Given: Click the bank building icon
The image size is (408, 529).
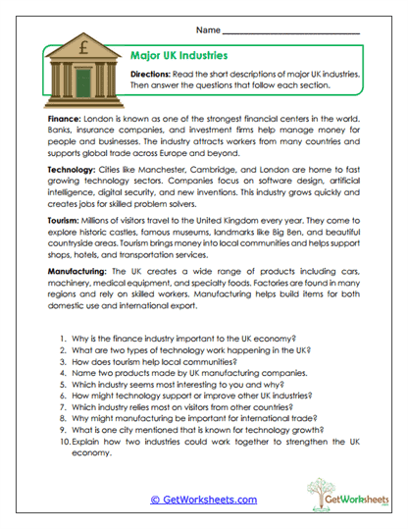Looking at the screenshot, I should tap(79, 70).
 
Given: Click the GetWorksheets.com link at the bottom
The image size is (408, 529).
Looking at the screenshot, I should tap(203, 500).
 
